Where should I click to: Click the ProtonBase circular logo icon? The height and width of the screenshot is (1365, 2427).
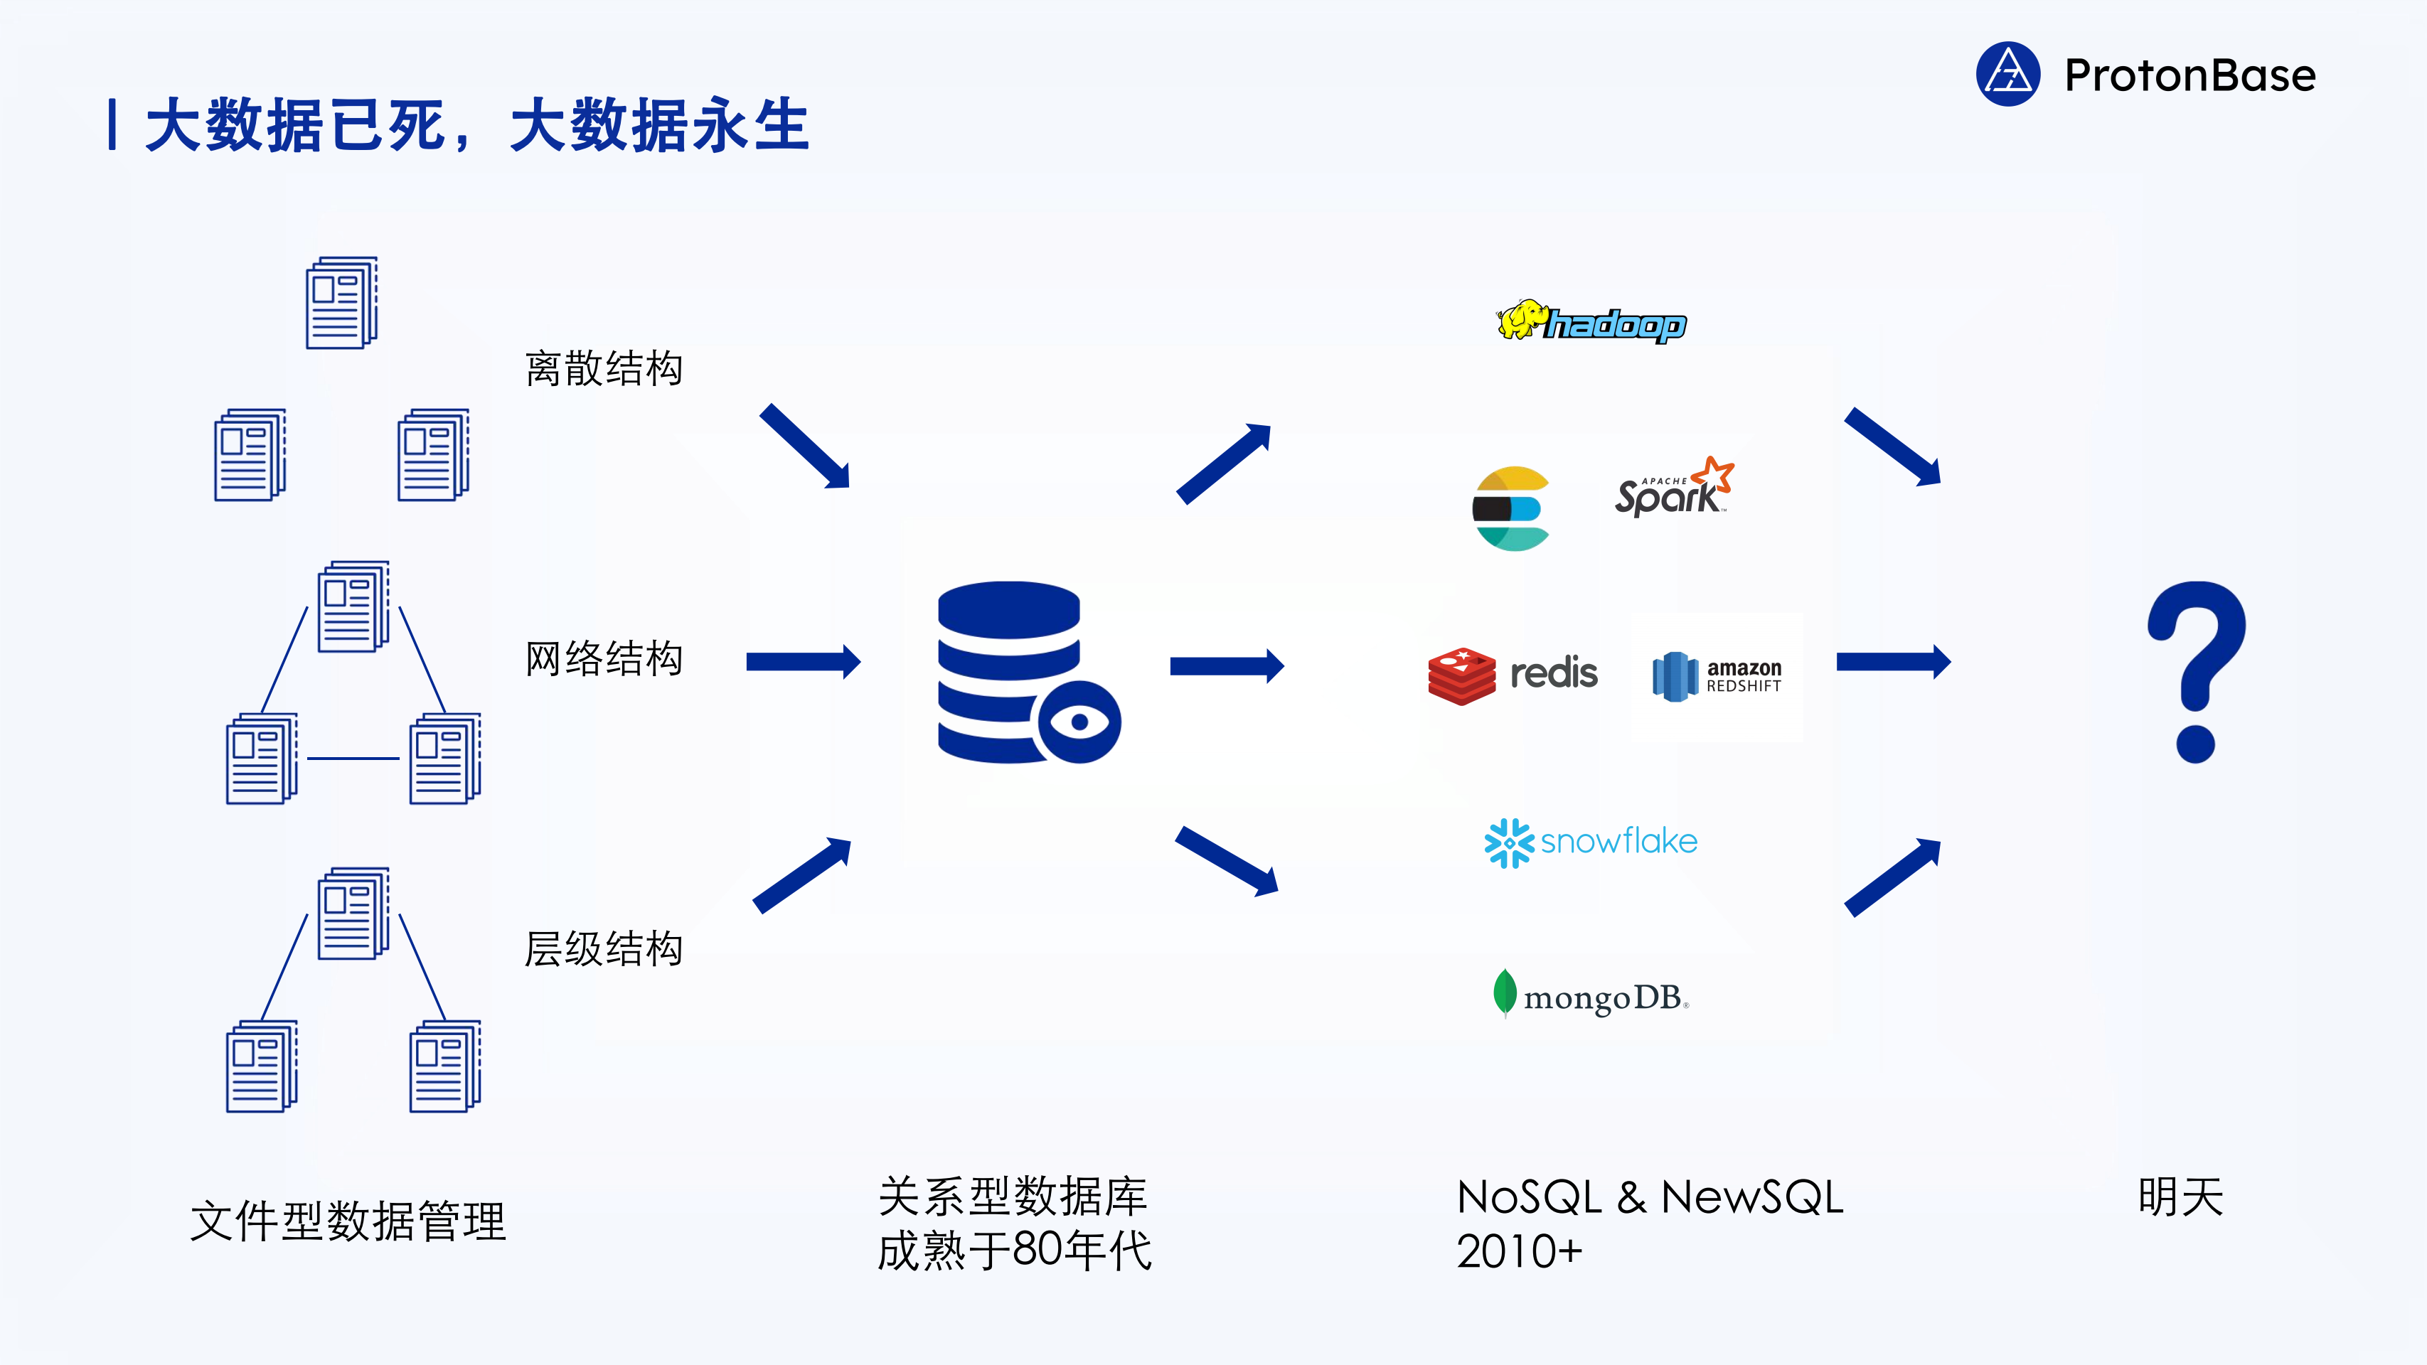(x=2007, y=75)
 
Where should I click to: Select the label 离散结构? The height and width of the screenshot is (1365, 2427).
(x=604, y=368)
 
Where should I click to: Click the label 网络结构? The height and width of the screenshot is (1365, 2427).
(x=604, y=658)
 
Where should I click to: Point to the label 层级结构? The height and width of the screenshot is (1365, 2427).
(x=604, y=948)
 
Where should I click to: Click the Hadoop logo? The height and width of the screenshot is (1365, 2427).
(x=1592, y=322)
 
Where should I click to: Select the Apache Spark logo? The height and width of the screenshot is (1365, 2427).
(x=1673, y=488)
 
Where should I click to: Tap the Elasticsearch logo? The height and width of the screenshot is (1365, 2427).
(x=1511, y=509)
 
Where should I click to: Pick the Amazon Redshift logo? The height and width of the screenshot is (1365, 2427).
(x=1717, y=676)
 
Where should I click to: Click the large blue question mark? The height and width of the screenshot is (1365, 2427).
(x=2196, y=670)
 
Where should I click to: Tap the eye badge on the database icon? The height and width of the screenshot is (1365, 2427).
(x=1079, y=722)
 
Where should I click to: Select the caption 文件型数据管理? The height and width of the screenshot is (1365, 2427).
(x=348, y=1222)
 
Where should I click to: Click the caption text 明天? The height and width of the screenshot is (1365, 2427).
(x=2180, y=1197)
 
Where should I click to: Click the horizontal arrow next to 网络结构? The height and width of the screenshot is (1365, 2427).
(x=803, y=661)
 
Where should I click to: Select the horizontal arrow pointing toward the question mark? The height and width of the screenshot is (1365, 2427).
(x=1893, y=661)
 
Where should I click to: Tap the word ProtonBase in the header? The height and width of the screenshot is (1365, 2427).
(x=2189, y=75)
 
